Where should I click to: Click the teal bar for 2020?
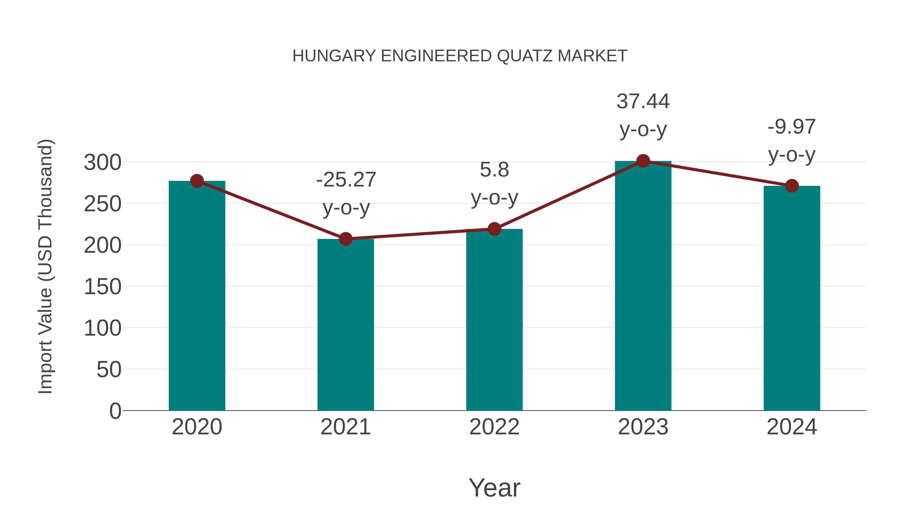(x=197, y=297)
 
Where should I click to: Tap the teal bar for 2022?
(x=494, y=320)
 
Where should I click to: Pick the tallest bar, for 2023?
(x=643, y=286)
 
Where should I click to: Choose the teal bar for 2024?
(x=792, y=299)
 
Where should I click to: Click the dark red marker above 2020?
(x=197, y=181)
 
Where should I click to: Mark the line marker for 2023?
(x=643, y=161)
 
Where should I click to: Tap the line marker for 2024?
(x=792, y=186)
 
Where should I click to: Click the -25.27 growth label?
(x=346, y=180)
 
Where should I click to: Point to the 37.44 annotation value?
(x=643, y=102)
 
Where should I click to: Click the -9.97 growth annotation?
(x=791, y=127)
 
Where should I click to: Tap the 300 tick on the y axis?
(x=102, y=163)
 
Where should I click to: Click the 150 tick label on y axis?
(x=102, y=287)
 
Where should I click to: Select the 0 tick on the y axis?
(x=115, y=411)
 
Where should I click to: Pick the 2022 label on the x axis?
(x=494, y=427)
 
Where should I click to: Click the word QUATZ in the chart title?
(x=525, y=56)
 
